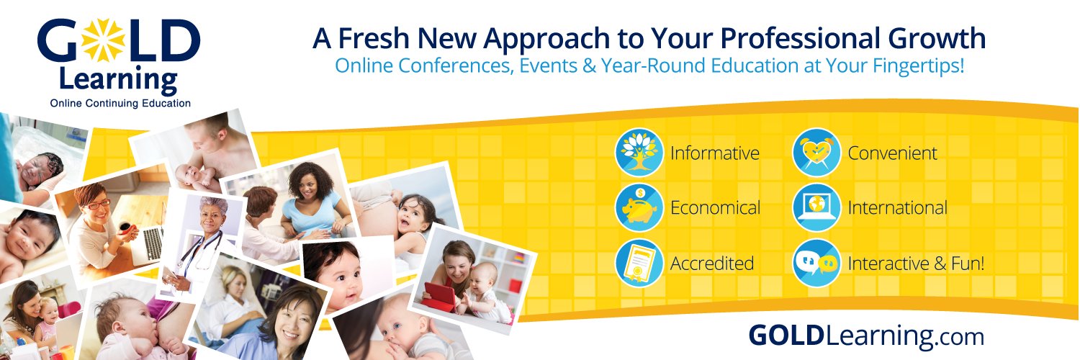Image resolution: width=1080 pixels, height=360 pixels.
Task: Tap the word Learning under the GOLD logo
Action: (x=119, y=80)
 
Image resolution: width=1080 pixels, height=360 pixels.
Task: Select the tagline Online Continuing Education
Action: (x=120, y=104)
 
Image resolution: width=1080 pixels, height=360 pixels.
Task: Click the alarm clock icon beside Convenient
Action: (x=816, y=153)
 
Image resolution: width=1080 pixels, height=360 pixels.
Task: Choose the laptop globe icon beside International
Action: (x=816, y=207)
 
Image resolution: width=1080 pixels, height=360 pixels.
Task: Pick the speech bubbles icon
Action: (x=816, y=263)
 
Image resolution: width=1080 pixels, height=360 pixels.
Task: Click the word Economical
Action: (x=715, y=208)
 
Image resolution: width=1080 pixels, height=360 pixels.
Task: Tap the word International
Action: (x=897, y=208)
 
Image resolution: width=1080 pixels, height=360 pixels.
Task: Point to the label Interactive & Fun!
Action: (x=916, y=264)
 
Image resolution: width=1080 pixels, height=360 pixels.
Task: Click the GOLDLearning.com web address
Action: (x=865, y=336)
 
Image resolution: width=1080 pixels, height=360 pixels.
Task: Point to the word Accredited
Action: (x=711, y=264)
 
